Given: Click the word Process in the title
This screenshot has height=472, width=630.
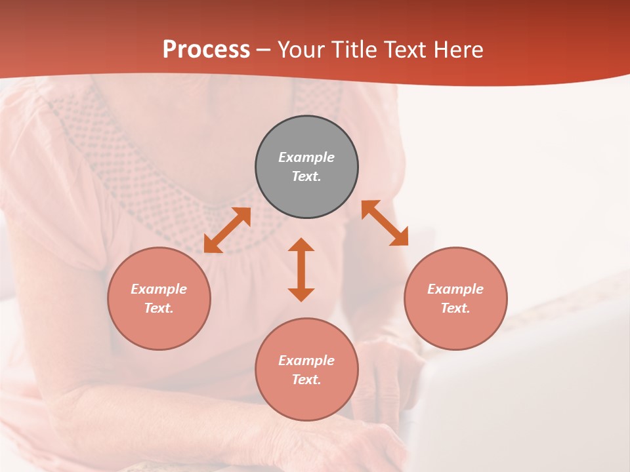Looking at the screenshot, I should click(206, 50).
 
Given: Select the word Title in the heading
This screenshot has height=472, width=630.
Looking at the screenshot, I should click(358, 50).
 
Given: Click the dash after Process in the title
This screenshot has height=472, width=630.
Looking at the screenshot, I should click(264, 50).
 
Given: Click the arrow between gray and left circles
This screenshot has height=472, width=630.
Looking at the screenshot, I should click(227, 230).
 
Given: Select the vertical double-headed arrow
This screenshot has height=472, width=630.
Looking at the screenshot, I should click(301, 269).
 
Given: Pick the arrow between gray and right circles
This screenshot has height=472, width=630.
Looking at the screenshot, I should click(385, 223).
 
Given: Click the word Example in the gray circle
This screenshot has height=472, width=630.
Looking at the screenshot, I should click(306, 157).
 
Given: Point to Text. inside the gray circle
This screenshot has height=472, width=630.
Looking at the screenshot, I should click(306, 176).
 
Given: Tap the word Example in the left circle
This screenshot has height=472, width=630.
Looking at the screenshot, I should click(159, 289).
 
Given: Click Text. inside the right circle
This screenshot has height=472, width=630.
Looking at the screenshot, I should click(455, 308).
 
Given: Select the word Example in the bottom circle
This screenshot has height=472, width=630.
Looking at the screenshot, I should click(306, 361).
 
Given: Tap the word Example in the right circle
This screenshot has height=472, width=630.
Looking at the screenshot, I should click(455, 289).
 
